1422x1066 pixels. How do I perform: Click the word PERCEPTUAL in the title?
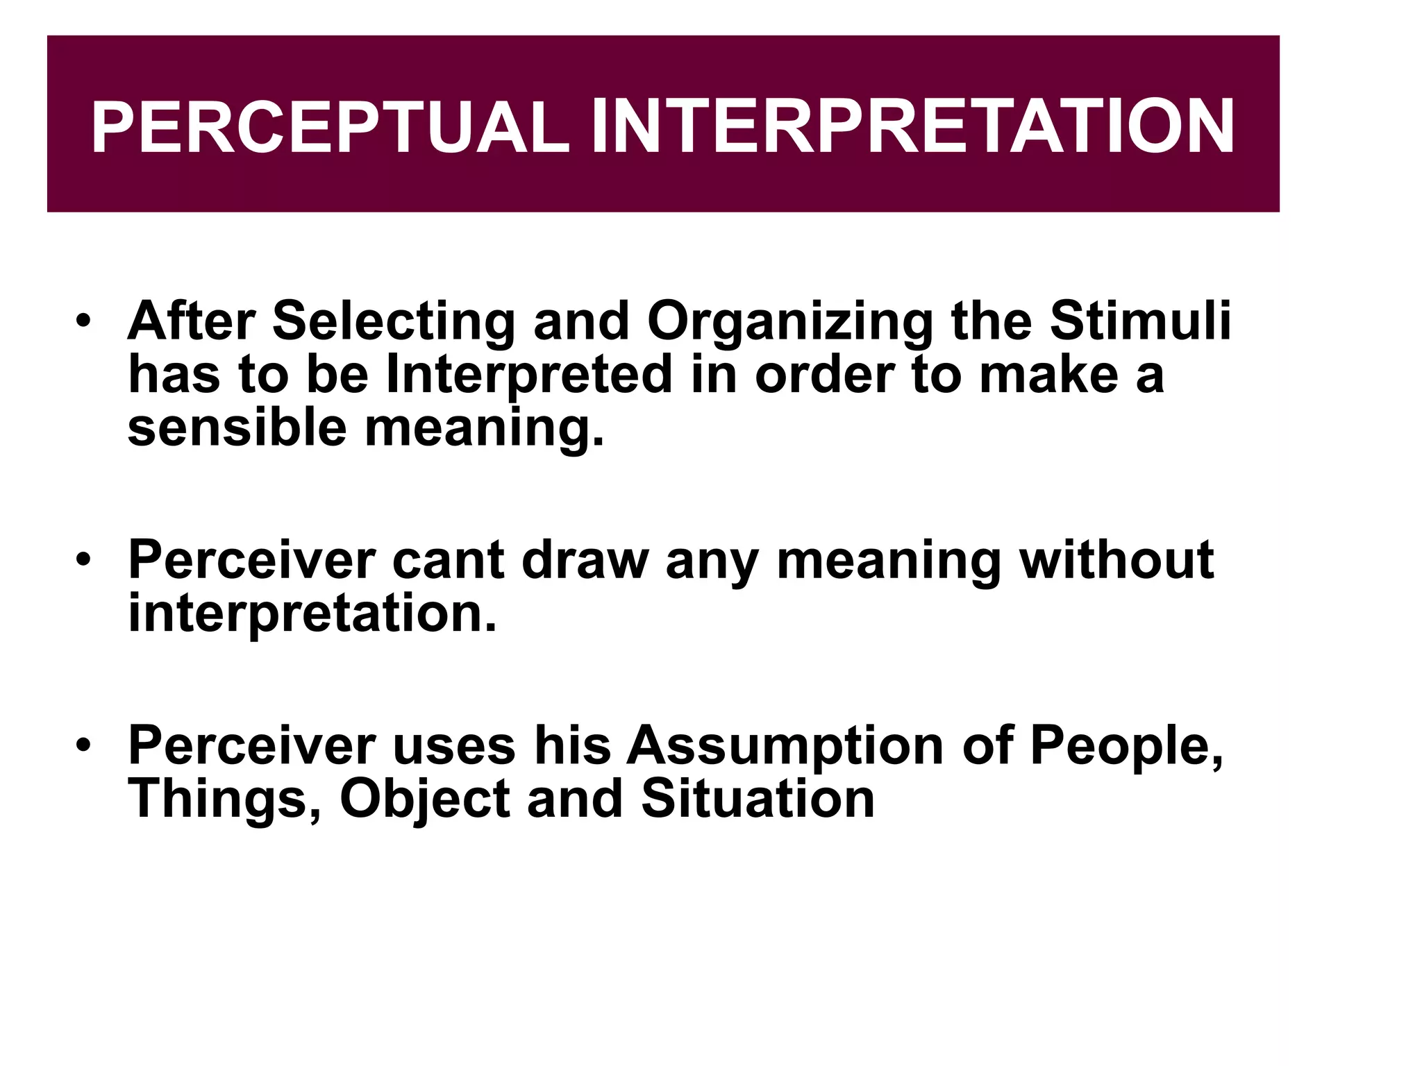[x=330, y=128]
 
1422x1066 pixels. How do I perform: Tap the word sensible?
[x=237, y=428]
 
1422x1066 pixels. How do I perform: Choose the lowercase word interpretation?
[x=312, y=614]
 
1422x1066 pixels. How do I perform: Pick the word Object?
[x=425, y=799]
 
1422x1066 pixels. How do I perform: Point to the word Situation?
[x=758, y=799]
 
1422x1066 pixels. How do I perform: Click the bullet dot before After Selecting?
[x=84, y=322]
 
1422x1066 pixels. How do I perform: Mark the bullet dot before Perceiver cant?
[x=84, y=560]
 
